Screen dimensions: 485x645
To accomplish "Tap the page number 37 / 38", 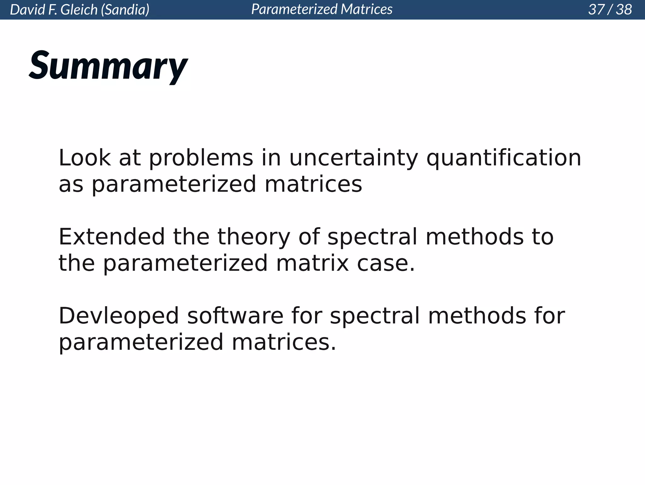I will tap(610, 9).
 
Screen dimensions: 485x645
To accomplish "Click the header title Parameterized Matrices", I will tap(322, 9).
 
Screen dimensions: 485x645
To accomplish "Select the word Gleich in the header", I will tap(79, 10).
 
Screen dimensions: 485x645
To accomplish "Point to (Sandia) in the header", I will tap(125, 10).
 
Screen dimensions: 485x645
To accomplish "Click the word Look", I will tap(85, 158).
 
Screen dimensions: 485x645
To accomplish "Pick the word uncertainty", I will tap(353, 158).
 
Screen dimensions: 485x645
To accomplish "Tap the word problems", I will tap(201, 158).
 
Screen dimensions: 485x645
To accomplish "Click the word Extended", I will tap(111, 237).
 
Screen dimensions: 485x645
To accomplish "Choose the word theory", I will tap(254, 237).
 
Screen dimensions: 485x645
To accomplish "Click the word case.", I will tap(385, 263).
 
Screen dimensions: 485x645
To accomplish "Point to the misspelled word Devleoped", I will tap(119, 316).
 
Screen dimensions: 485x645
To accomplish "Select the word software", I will tap(235, 316).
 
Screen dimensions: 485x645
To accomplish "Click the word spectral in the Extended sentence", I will tap(372, 237).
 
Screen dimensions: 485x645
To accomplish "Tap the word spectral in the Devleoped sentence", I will tap(374, 316).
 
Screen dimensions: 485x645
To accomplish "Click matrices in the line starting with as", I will tap(313, 184).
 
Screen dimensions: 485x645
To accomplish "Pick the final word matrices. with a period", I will tap(284, 342).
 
